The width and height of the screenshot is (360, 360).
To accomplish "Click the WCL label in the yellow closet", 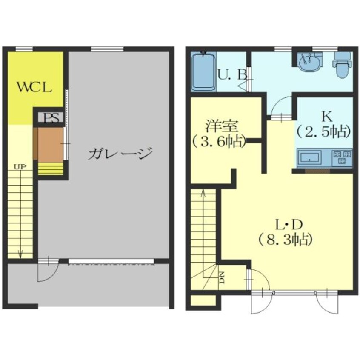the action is tap(34, 87).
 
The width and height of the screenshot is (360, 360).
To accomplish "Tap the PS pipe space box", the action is tap(51, 118).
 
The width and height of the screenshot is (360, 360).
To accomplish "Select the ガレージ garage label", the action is tap(120, 153).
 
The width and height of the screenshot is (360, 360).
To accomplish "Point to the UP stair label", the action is tap(20, 167).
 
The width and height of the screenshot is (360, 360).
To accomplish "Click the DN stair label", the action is tap(222, 277).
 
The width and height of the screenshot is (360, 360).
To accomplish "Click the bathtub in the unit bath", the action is tap(203, 71).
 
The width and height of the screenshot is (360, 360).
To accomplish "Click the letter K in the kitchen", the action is tap(327, 117).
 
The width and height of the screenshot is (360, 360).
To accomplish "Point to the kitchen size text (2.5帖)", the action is tap(324, 132).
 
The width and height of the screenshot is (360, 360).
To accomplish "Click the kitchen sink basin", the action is tap(309, 158).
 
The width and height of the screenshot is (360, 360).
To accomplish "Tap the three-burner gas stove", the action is tap(342, 157).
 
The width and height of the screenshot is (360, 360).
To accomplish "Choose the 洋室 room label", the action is tap(222, 126).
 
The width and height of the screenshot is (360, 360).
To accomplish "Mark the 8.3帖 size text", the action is tap(286, 240).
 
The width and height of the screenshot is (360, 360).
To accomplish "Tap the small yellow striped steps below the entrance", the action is tap(51, 169).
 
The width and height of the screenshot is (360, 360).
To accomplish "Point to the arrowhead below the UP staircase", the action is tap(20, 255).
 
